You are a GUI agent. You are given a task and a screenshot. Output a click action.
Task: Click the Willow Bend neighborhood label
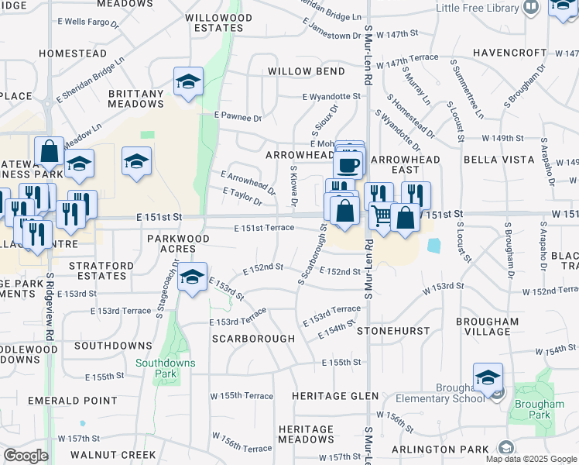pyautogui.click(x=306, y=71)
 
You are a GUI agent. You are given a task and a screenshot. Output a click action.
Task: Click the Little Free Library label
pyautogui.click(x=476, y=8)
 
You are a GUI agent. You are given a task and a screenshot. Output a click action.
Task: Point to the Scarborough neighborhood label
pyautogui.click(x=253, y=339)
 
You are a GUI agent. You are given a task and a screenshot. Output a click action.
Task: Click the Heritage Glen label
pyautogui.click(x=335, y=396)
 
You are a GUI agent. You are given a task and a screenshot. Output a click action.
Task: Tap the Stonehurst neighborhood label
pyautogui.click(x=393, y=331)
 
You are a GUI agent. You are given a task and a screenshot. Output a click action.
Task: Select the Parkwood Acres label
pyautogui.click(x=178, y=243)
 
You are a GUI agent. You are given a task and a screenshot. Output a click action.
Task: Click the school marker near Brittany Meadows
pyautogui.click(x=187, y=81)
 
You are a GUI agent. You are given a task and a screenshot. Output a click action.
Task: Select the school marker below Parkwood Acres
pyautogui.click(x=191, y=276)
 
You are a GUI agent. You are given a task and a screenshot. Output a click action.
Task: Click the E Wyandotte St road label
pyautogui.click(x=331, y=96)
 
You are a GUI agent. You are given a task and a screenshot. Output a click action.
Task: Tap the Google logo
pyautogui.click(x=26, y=455)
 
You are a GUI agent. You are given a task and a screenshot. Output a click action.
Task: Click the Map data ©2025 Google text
pyautogui.click(x=530, y=459)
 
